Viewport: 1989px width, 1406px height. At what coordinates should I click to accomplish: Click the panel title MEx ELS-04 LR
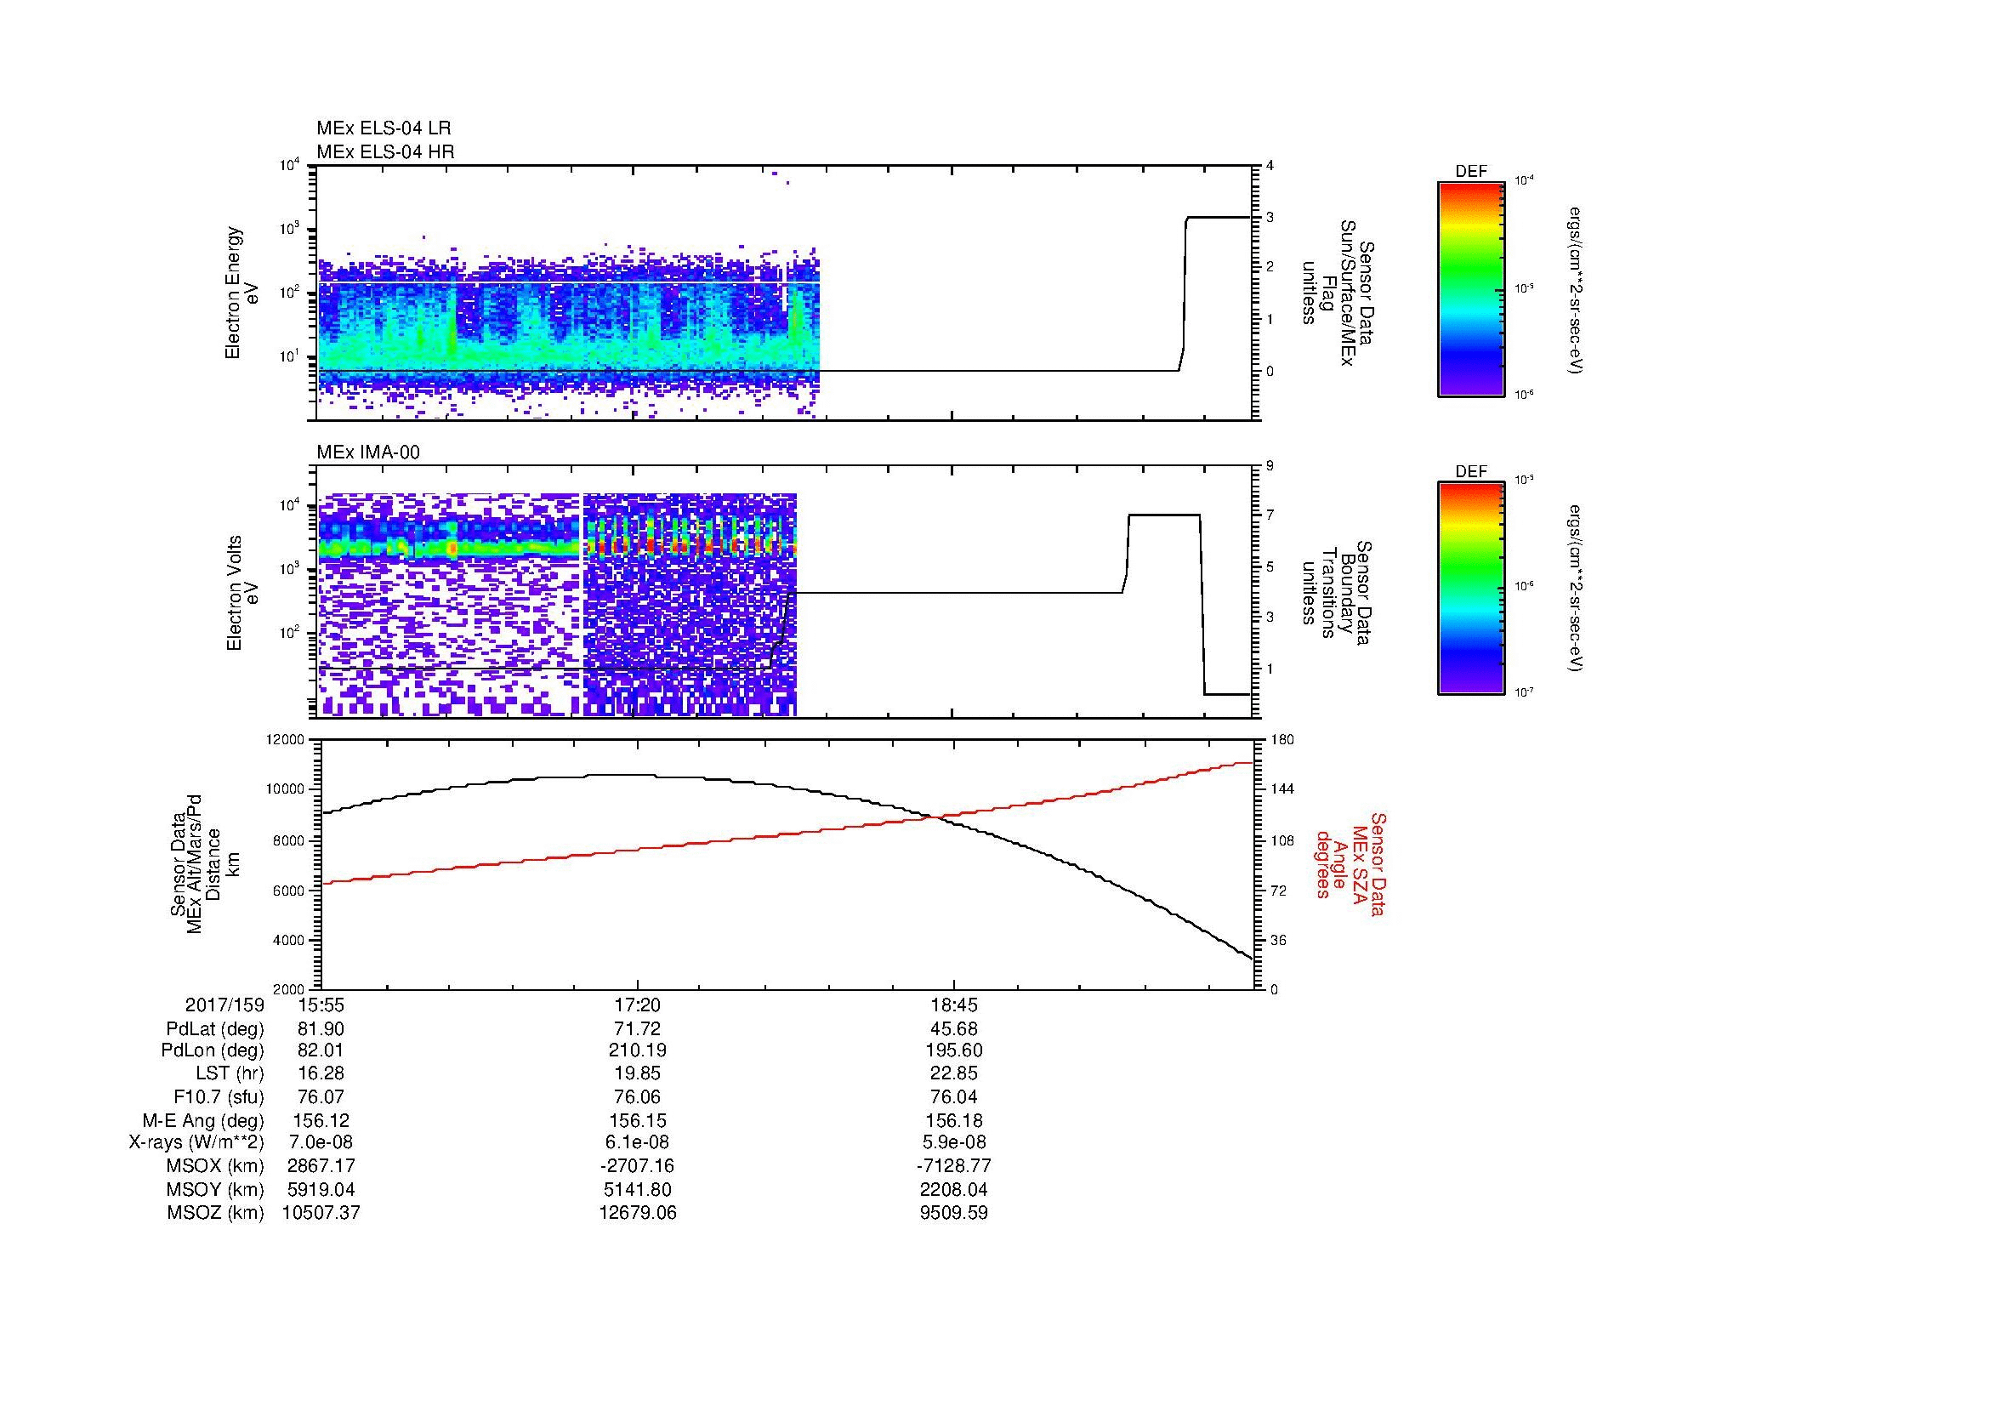(383, 128)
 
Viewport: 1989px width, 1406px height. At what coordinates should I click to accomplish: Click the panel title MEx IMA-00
(368, 453)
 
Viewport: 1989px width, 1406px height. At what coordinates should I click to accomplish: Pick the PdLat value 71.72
(637, 1029)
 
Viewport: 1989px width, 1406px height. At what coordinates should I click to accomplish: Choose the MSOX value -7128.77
(953, 1166)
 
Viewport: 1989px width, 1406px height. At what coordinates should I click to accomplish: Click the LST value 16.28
(321, 1074)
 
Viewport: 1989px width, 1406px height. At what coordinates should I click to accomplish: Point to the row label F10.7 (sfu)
(219, 1096)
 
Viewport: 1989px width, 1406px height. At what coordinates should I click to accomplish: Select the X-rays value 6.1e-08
(637, 1142)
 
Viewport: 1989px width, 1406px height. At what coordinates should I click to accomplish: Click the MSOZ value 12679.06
(637, 1213)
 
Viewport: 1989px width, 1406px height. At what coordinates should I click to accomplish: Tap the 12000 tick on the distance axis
(288, 740)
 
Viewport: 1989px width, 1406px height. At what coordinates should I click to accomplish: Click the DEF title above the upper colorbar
(1470, 172)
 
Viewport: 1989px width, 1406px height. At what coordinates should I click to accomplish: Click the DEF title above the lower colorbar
(1470, 471)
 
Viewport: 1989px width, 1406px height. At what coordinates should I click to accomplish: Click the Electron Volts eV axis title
(242, 593)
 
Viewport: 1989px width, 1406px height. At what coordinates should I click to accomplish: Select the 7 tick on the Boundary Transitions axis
(1270, 515)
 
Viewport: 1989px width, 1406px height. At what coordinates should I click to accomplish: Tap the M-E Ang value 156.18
(953, 1120)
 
